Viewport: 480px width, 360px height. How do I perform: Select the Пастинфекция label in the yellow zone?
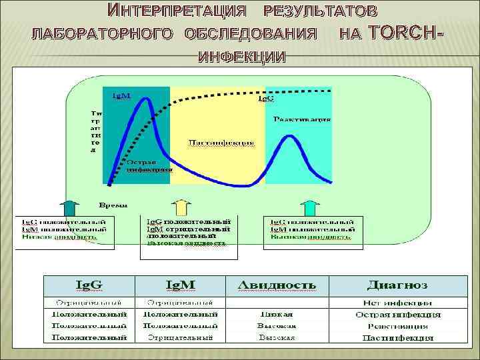[x=221, y=142]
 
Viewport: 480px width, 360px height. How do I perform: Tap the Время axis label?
[x=114, y=204]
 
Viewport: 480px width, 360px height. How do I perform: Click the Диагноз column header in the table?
[x=397, y=285]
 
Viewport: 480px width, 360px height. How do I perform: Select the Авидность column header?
[x=277, y=285]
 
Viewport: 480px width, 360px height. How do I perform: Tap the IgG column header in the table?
[x=89, y=285]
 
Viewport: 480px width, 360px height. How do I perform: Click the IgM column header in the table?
[x=180, y=285]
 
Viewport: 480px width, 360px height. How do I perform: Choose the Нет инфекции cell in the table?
[x=397, y=303]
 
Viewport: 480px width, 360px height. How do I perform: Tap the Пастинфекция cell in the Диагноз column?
[x=397, y=338]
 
